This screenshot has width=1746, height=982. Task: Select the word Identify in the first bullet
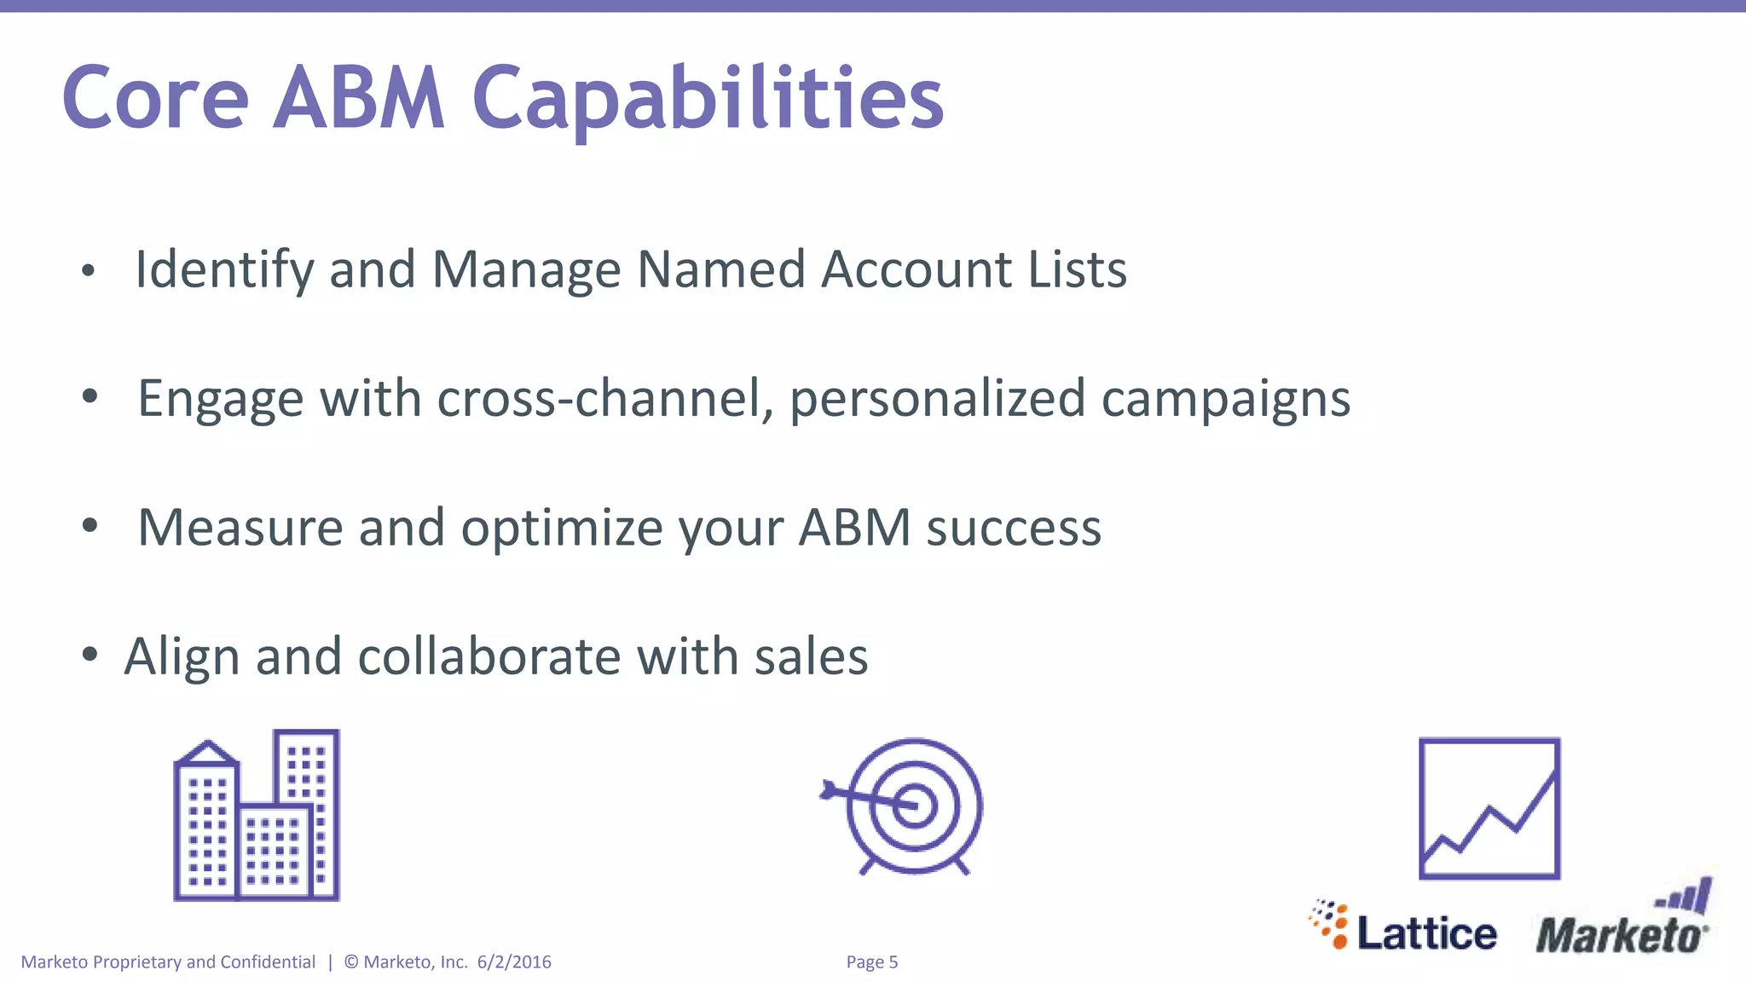(x=224, y=270)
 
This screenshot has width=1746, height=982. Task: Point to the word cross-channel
(x=604, y=398)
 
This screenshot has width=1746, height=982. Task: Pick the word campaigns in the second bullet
(x=1225, y=400)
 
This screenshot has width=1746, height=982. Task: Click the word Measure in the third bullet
(x=240, y=528)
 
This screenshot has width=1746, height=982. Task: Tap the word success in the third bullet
(x=1014, y=529)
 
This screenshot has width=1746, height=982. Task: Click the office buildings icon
(x=257, y=816)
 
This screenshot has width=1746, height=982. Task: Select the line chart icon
(x=1489, y=808)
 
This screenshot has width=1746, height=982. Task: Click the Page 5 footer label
(x=871, y=962)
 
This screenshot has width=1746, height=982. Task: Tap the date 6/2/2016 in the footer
(x=514, y=962)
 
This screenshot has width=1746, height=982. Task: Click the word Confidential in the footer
(x=268, y=962)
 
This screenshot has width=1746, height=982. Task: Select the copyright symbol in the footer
(x=351, y=962)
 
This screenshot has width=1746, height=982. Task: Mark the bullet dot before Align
(x=90, y=655)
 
